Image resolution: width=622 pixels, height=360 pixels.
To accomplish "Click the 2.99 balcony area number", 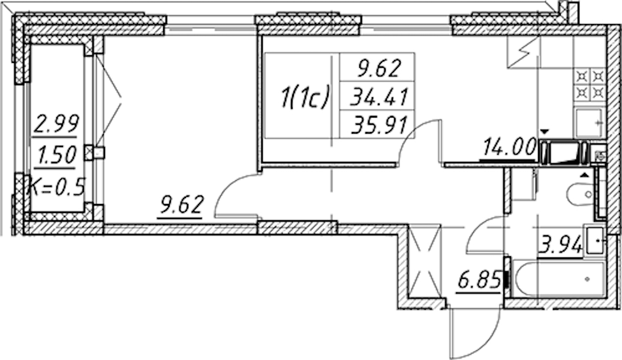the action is coord(55,124).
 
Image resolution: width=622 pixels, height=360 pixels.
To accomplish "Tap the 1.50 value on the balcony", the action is coord(55,155).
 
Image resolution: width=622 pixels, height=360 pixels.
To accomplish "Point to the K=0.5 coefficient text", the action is coord(56,186).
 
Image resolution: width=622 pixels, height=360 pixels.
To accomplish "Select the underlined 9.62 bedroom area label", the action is coord(181,206).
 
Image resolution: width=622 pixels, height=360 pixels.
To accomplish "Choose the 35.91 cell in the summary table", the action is coord(380,125).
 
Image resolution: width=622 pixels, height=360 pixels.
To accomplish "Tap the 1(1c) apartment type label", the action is coord(305,98).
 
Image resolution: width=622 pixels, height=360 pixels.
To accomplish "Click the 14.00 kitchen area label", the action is coord(509,148).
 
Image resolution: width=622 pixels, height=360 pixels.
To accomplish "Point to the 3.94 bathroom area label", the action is coord(560,245).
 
